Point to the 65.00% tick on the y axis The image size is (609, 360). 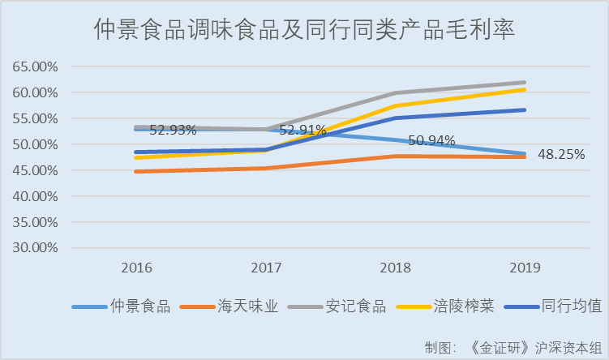coord(35,66)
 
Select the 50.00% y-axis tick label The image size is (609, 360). coord(35,144)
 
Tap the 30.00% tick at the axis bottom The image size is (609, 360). coord(35,248)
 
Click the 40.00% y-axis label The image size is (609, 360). coord(35,196)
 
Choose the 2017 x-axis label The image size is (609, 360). coord(266,268)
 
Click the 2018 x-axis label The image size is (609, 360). coord(396,268)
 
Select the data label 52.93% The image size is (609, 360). coord(173,130)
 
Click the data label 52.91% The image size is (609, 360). coord(302,130)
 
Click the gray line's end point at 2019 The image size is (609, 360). coord(525,83)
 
